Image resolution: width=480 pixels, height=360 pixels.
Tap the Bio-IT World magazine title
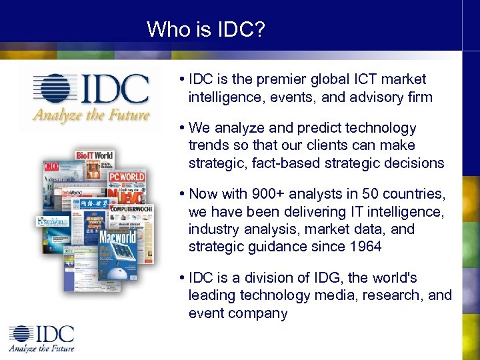[x=94, y=155]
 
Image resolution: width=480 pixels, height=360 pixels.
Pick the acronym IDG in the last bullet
[x=326, y=277]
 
